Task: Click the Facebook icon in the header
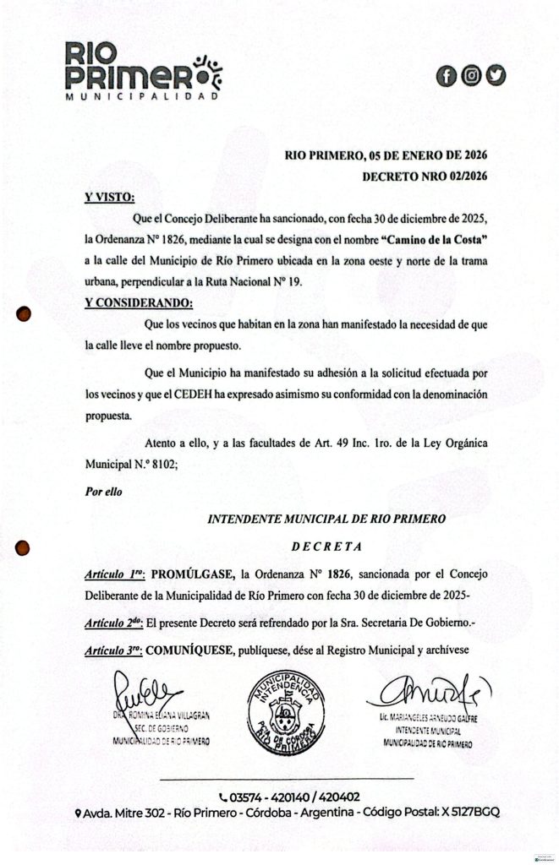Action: (446, 75)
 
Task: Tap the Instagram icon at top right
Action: (471, 75)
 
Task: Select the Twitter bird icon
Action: (496, 75)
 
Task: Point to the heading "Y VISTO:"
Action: (109, 198)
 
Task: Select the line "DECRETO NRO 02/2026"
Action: (425, 177)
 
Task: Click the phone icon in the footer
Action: (223, 797)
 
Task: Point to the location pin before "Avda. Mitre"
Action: (79, 813)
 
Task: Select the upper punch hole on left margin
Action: (25, 314)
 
